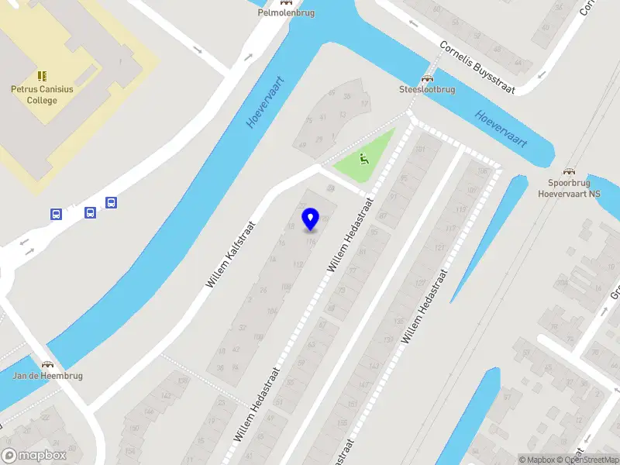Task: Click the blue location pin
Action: (x=311, y=219)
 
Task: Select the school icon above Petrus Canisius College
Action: (x=42, y=76)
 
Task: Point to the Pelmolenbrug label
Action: (x=286, y=13)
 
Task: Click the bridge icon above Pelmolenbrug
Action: (x=286, y=2)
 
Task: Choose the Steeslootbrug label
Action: (x=426, y=89)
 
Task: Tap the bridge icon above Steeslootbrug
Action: (x=426, y=78)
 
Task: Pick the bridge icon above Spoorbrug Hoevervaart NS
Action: (x=570, y=172)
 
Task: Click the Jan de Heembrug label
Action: (x=48, y=376)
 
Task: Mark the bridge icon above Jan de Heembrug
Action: (x=48, y=364)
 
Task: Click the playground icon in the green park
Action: (x=363, y=160)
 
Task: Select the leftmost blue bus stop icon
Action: (x=57, y=214)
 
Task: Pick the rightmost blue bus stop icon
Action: (x=111, y=203)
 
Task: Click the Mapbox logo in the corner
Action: (x=34, y=456)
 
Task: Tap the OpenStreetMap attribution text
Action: (x=591, y=460)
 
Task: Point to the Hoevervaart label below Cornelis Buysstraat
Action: (x=501, y=129)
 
